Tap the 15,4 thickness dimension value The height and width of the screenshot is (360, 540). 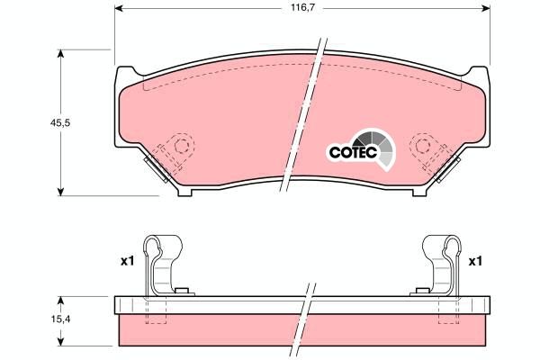point(35,319)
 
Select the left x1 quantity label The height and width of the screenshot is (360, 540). point(127,261)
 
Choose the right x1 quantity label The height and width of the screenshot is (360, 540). point(475,261)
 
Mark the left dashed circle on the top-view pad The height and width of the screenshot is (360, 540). point(183,146)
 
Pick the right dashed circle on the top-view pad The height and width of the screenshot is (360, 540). point(420,146)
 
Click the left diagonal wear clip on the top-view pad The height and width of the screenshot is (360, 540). point(157,166)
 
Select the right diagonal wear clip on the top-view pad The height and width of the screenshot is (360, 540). point(445,166)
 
